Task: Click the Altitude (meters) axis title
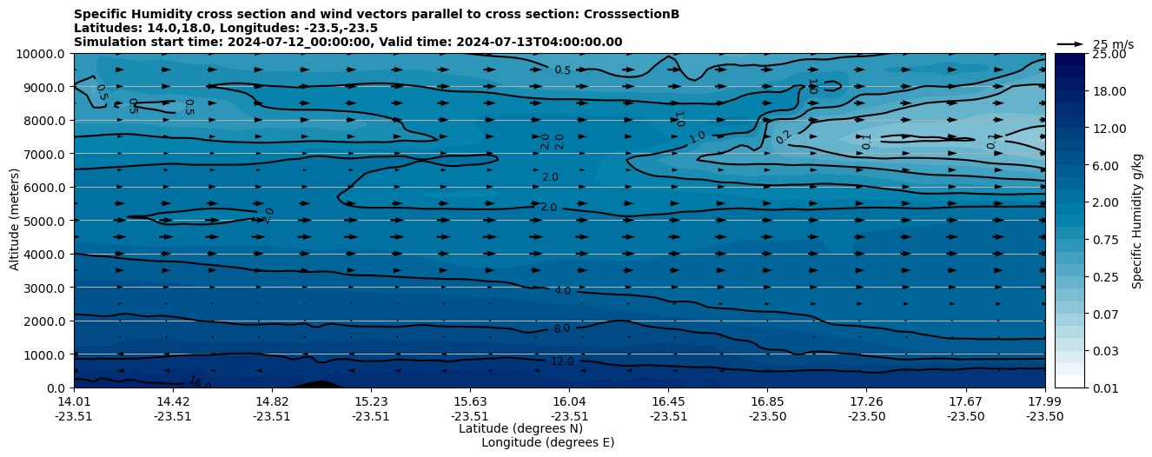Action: click(15, 221)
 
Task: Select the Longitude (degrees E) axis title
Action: click(547, 442)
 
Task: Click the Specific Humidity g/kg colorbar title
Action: click(1137, 221)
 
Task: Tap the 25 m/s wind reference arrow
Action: click(1070, 44)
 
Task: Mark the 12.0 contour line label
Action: click(562, 361)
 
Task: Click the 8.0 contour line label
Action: click(562, 328)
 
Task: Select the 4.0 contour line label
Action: click(562, 291)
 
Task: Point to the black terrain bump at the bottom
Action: click(318, 384)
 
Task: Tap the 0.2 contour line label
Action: click(784, 136)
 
